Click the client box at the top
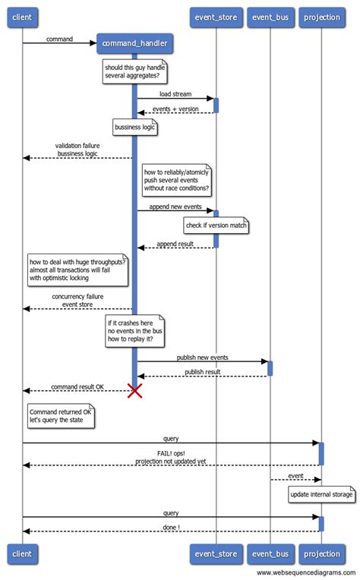click(x=22, y=17)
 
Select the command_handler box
click(x=135, y=45)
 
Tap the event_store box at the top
click(x=216, y=17)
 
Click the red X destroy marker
click(x=135, y=390)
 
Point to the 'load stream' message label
click(x=175, y=94)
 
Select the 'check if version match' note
click(x=216, y=225)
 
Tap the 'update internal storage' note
click(x=321, y=496)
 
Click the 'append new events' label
click(x=175, y=206)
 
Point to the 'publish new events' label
click(x=202, y=357)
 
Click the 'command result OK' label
click(x=77, y=386)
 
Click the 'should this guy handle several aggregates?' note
click(x=136, y=72)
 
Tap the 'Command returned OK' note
click(x=60, y=415)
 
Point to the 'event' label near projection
click(x=295, y=476)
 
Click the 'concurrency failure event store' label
click(x=77, y=300)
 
